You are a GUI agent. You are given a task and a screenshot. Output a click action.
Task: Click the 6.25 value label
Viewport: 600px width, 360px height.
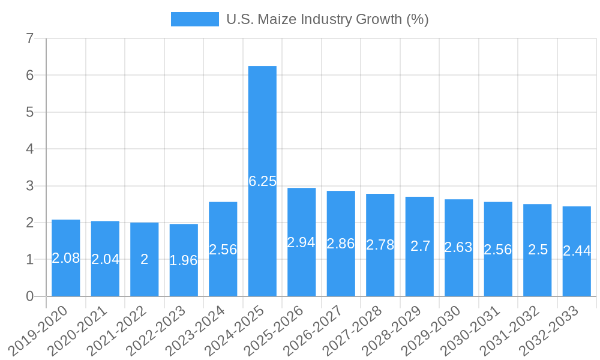click(x=262, y=181)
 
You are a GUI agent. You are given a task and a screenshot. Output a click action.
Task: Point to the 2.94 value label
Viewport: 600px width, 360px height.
click(x=301, y=242)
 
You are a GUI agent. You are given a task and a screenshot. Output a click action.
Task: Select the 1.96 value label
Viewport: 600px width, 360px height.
click(x=184, y=260)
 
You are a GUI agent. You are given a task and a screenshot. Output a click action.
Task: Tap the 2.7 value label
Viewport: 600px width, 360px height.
click(x=420, y=246)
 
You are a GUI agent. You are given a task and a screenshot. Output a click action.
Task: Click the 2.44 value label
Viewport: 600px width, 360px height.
click(x=577, y=251)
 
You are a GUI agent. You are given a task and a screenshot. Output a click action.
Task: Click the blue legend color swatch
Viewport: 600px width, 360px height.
click(x=194, y=19)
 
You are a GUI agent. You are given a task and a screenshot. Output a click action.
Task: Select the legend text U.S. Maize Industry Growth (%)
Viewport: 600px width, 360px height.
click(x=327, y=19)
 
